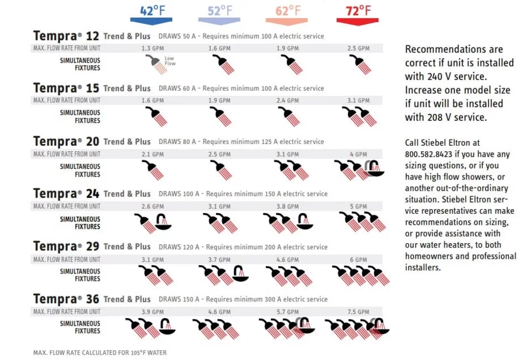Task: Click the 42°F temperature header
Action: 152,11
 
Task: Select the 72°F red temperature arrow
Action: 357,22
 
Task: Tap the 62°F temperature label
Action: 288,11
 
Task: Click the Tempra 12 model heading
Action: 66,36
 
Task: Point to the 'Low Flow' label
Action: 170,61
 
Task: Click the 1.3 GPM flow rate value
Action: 153,48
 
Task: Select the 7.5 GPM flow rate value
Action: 358,312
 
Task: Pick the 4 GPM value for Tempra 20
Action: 358,155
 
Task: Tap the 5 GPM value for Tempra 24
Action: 358,207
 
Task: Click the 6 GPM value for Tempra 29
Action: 358,260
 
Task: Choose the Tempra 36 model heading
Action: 66,299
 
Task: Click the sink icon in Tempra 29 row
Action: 240,274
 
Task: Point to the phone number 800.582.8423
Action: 429,155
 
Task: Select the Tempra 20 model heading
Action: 66,141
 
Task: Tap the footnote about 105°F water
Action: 100,353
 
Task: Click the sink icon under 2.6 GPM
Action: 163,222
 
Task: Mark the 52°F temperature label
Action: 220,11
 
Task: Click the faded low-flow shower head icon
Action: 156,64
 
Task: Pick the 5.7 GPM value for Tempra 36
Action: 287,312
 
